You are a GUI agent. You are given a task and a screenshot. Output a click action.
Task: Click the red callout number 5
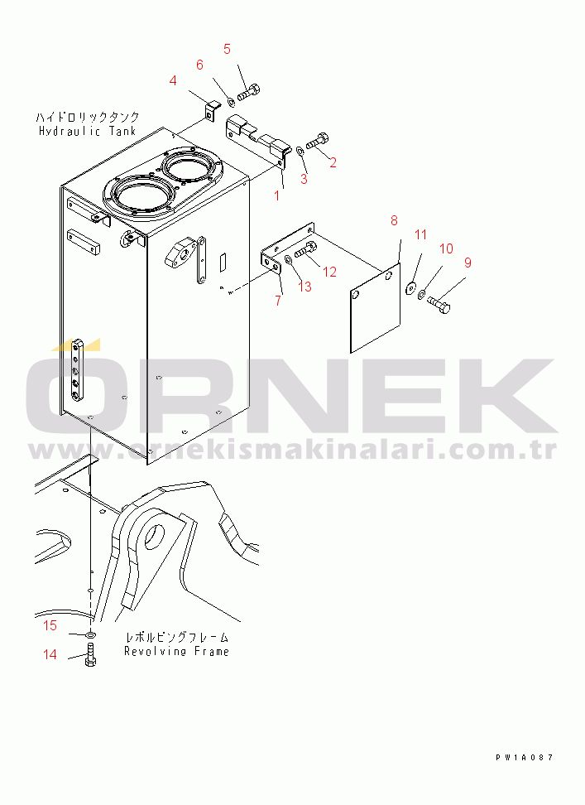tap(227, 50)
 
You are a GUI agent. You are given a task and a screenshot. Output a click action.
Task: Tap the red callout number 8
tap(394, 221)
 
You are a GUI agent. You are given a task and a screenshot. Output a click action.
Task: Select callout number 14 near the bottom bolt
tap(50, 654)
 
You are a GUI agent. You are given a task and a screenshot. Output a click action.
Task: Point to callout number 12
tap(329, 272)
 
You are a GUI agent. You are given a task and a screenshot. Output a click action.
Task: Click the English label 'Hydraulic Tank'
tap(87, 131)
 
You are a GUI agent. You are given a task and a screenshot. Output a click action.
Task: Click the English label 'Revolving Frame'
tap(176, 652)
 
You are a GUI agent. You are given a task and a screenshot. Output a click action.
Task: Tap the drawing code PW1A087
tap(525, 757)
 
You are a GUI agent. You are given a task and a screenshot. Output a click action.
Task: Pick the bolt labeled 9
tap(439, 305)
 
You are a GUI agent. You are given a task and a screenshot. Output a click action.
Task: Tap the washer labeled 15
tap(90, 635)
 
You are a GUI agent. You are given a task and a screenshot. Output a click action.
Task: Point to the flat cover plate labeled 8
tap(375, 309)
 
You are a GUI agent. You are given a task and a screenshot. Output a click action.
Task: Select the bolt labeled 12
tap(305, 250)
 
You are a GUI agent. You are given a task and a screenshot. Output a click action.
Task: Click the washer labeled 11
tap(410, 288)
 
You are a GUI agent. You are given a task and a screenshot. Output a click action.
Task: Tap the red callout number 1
tap(277, 195)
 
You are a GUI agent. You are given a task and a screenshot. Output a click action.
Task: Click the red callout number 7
tap(278, 301)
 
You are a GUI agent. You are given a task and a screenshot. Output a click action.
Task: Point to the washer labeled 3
tap(300, 151)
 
